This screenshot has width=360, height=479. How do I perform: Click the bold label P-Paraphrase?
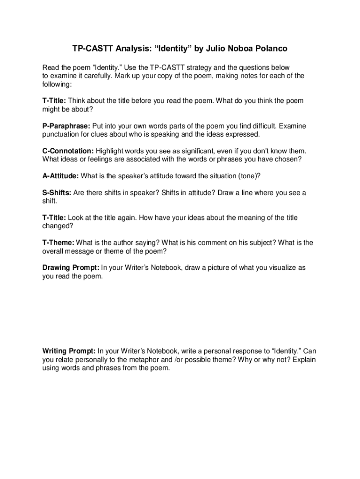coord(67,126)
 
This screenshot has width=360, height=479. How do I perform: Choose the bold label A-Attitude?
coord(61,176)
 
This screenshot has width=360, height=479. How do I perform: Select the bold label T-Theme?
coord(58,243)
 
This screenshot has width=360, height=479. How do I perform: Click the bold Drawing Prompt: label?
coord(71,268)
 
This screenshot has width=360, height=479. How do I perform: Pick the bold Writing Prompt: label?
coord(69,351)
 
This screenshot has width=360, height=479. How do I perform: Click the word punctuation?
coord(61,135)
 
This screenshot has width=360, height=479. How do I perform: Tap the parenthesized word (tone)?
coord(249,176)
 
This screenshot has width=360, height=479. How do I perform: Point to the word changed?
coord(58,226)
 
